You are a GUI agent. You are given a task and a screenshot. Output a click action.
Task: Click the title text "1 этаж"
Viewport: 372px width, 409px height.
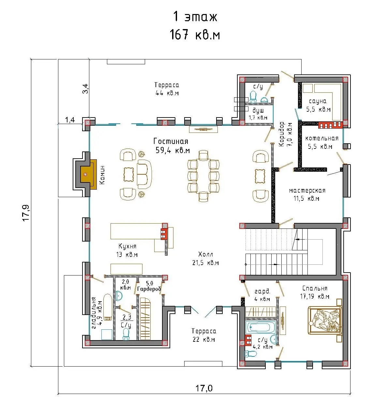pos(195,17)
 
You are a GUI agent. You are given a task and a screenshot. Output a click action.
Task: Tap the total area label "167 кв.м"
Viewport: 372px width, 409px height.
pos(195,35)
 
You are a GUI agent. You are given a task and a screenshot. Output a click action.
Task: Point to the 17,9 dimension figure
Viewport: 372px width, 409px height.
pos(26,213)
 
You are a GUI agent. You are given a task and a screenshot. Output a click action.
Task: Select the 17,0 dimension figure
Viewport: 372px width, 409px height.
pos(204,388)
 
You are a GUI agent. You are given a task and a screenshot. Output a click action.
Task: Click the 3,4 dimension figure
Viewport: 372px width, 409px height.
pos(85,89)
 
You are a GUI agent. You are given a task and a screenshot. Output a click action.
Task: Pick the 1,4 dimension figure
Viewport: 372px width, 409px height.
pos(70,120)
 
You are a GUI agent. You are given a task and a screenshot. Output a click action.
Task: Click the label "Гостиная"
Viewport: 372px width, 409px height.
pos(171,141)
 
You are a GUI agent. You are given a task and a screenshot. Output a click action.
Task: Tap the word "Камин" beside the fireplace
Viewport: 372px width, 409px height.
pos(102,175)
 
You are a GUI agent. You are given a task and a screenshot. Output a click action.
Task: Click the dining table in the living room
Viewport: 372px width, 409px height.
pos(203,176)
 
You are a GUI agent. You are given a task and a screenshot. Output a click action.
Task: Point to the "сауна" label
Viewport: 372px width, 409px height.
pos(318,101)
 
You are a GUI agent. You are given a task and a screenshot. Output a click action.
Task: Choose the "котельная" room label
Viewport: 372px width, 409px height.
pos(322,138)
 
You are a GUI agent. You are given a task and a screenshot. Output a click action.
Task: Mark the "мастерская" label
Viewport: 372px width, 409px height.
pos(307,191)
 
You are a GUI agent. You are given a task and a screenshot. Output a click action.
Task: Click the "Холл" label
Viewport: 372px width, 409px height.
pos(205,254)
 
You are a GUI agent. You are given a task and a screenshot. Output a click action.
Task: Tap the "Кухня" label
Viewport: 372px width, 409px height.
pos(127,246)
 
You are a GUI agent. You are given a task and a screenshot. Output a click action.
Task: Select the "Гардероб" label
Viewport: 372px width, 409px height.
pos(149,289)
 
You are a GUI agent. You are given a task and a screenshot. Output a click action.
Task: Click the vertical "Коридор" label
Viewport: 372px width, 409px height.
pos(281,134)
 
